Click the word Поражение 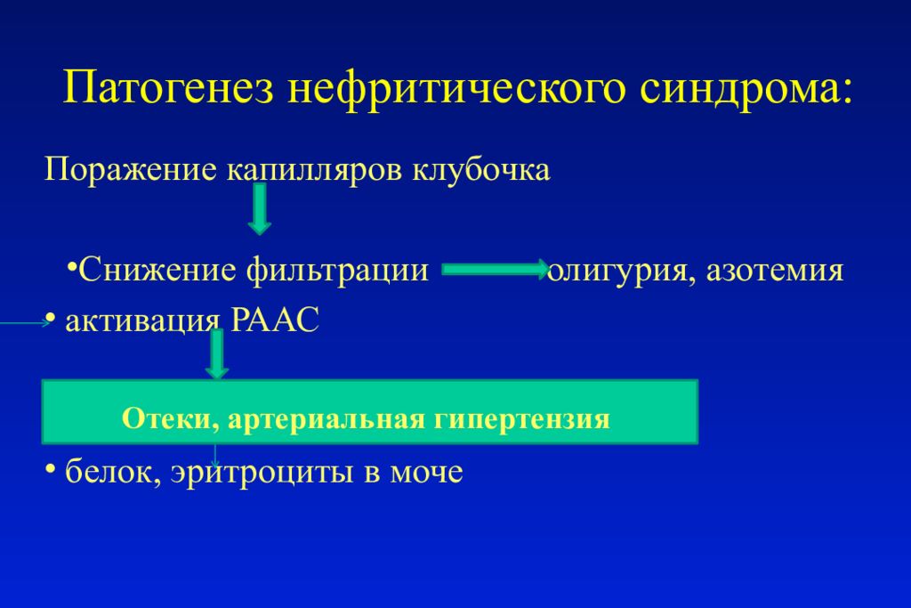(x=129, y=169)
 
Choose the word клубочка (x=480, y=169)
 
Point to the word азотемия (x=774, y=269)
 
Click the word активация (x=142, y=320)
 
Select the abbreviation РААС (x=274, y=320)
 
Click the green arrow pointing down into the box (x=216, y=356)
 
